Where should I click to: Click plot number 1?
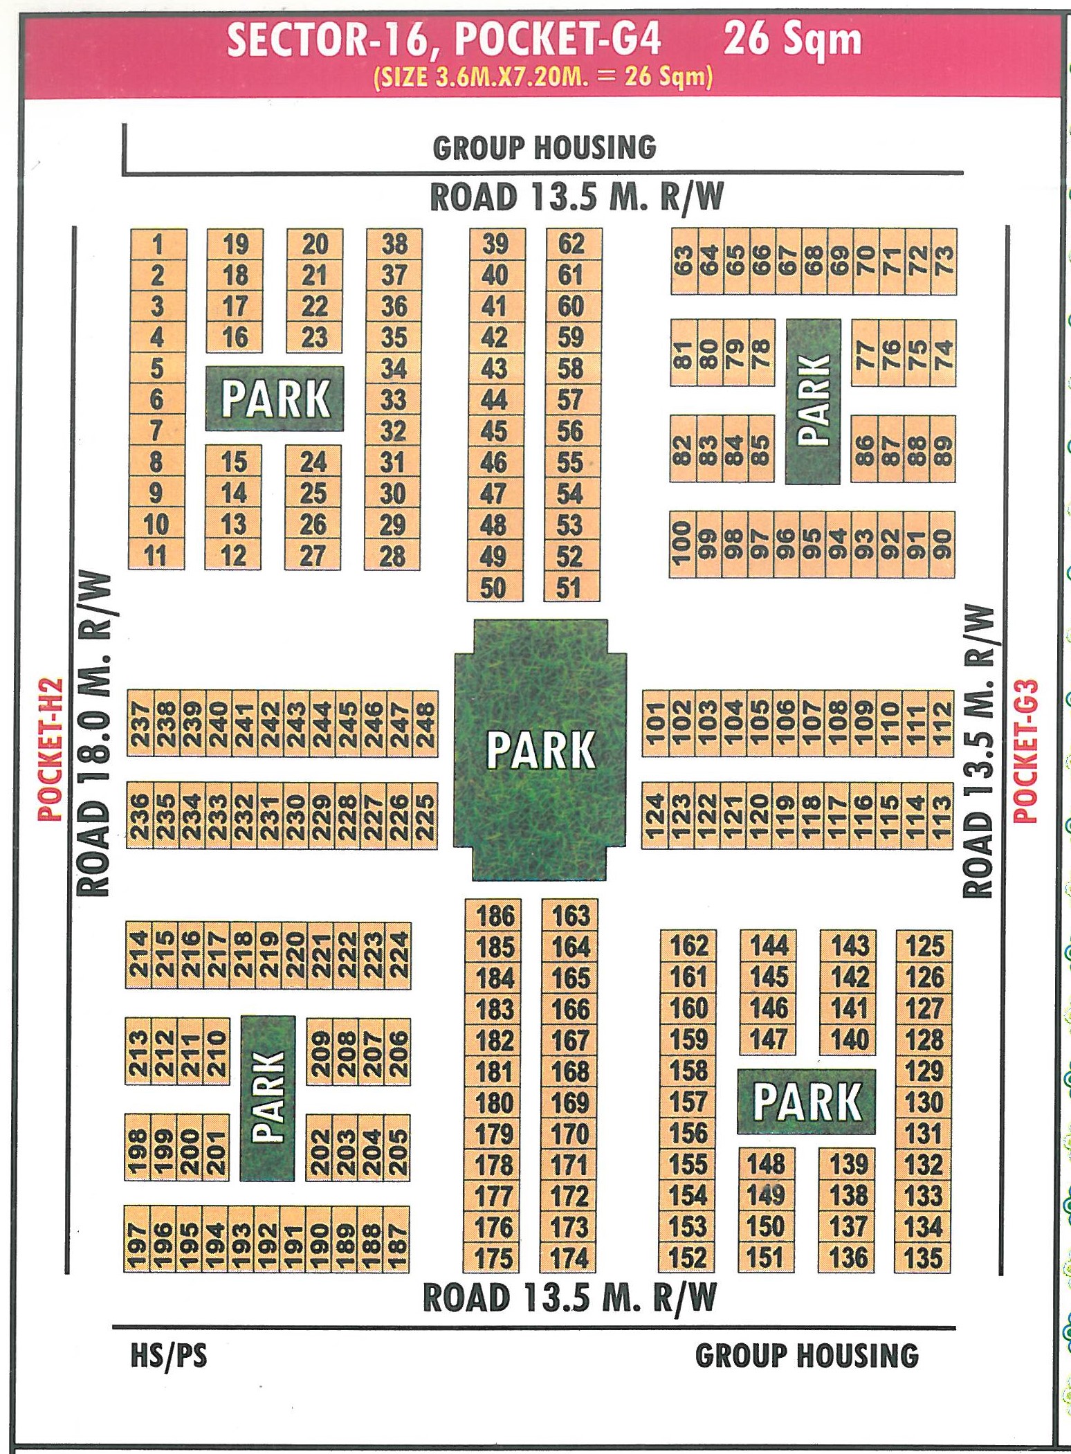[x=158, y=244]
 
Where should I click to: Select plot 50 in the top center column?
[x=494, y=588]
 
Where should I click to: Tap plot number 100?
[x=681, y=544]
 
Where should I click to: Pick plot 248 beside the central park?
[x=424, y=724]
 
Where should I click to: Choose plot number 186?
[x=495, y=916]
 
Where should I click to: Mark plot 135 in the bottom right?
[x=924, y=1257]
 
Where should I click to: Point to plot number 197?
[x=137, y=1239]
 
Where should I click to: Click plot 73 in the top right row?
[x=944, y=262]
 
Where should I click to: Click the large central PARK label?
[x=540, y=750]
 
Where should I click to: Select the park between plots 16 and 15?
[x=275, y=399]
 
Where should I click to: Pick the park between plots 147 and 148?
[x=807, y=1102]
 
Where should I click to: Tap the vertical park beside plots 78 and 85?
[x=813, y=401]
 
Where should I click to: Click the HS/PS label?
[x=169, y=1356]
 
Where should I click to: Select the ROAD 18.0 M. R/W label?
[x=93, y=734]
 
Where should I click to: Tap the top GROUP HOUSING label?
[x=544, y=147]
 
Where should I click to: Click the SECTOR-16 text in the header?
[x=330, y=39]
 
